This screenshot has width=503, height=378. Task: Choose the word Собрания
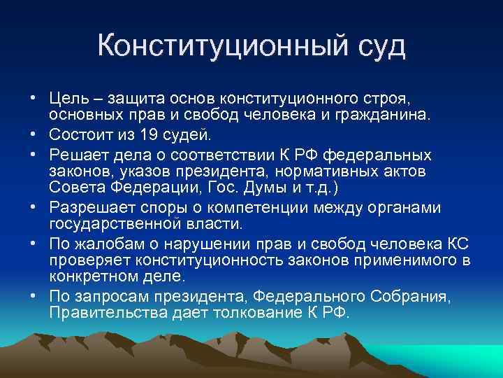[x=417, y=297]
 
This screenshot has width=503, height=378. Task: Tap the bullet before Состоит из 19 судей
[x=33, y=134]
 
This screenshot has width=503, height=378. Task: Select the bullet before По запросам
[x=33, y=297]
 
